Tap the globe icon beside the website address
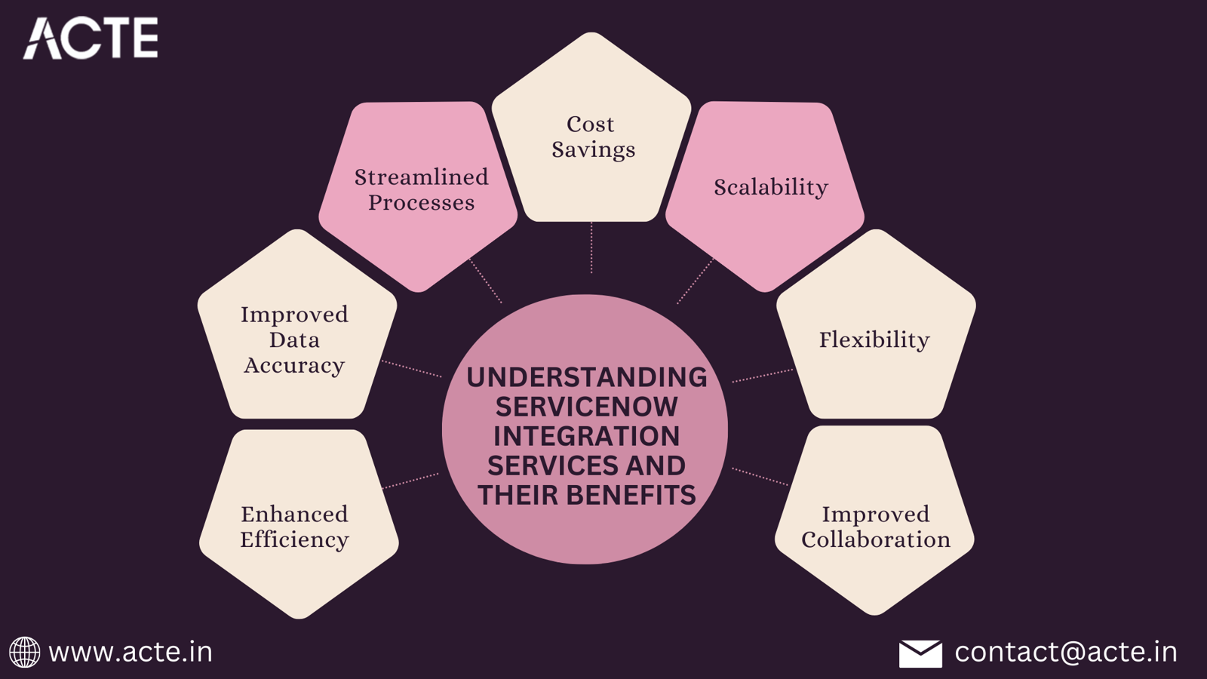click(x=24, y=652)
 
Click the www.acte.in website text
click(x=131, y=652)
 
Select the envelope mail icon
click(x=920, y=653)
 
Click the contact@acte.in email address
click(x=1066, y=652)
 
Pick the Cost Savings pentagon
click(x=592, y=136)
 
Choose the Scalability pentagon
click(x=769, y=189)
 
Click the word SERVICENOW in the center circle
click(x=587, y=407)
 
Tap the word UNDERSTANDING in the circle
click(x=587, y=377)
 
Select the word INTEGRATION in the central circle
click(x=587, y=437)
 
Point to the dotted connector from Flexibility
click(x=762, y=376)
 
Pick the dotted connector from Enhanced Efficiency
click(x=411, y=481)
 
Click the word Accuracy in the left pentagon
click(x=294, y=366)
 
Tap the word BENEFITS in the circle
click(x=631, y=496)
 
